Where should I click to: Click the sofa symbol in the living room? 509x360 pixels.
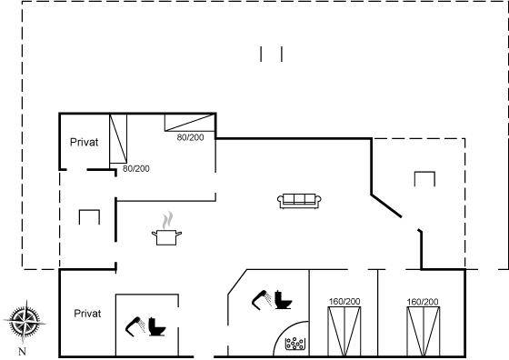pos(299,201)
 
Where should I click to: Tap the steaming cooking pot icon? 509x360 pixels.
pos(166,229)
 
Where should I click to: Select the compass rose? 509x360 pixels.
pos(25,322)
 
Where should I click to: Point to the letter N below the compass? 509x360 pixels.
pos(22,351)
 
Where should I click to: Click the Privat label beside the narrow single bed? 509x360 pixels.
pos(84,142)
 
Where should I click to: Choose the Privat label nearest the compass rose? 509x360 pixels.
pos(87,314)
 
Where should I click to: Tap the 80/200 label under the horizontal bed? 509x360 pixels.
pos(190,137)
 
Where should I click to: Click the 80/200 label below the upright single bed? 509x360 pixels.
pos(136,169)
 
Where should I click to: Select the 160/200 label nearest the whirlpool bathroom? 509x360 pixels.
pos(344,302)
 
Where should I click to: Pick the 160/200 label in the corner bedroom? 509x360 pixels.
pos(423,302)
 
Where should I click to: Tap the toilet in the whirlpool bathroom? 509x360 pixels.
pos(283,299)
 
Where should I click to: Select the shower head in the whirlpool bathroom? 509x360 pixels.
pos(262,299)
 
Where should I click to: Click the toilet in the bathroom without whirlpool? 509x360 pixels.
pos(157,326)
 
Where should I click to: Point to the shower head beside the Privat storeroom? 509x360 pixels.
pos(135,326)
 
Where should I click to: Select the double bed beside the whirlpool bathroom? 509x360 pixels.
pos(344,331)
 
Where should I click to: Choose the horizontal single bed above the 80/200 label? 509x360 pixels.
pos(190,123)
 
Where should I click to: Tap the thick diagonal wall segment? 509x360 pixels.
pos(386,205)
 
